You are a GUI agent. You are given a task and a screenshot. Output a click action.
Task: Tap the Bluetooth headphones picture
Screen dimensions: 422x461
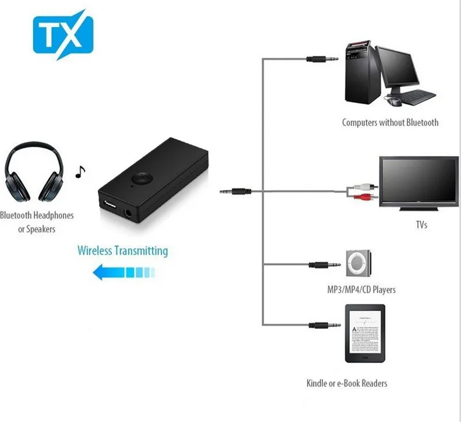click(35, 173)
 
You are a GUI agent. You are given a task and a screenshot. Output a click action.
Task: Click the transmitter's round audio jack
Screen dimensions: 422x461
click(129, 215)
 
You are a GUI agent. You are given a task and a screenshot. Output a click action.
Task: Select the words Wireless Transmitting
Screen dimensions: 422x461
click(123, 251)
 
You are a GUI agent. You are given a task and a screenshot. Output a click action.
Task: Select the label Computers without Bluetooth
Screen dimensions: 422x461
click(390, 122)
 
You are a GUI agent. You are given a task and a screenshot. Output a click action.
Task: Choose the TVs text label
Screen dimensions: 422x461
click(421, 225)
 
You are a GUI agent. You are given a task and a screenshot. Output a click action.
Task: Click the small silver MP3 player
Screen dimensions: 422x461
click(358, 264)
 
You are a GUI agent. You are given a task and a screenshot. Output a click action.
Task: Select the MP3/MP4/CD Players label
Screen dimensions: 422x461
click(361, 289)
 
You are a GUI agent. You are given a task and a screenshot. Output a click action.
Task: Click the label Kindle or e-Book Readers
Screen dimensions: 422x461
click(346, 383)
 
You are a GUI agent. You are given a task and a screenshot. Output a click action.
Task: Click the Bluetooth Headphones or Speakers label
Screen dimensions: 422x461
click(37, 222)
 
